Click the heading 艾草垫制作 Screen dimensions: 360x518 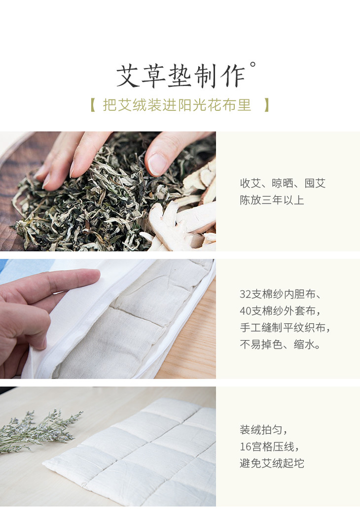180,76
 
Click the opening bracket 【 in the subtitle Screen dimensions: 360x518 93,105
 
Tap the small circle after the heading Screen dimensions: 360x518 252,64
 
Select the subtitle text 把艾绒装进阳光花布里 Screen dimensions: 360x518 177,105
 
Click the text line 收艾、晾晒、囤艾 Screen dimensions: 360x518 283,183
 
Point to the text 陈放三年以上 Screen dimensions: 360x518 272,200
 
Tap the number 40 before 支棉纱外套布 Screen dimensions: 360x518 245,311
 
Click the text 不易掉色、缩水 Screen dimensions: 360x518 280,345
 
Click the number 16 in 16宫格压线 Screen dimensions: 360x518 245,447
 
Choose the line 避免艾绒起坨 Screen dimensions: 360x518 272,463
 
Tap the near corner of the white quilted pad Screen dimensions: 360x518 44,464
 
